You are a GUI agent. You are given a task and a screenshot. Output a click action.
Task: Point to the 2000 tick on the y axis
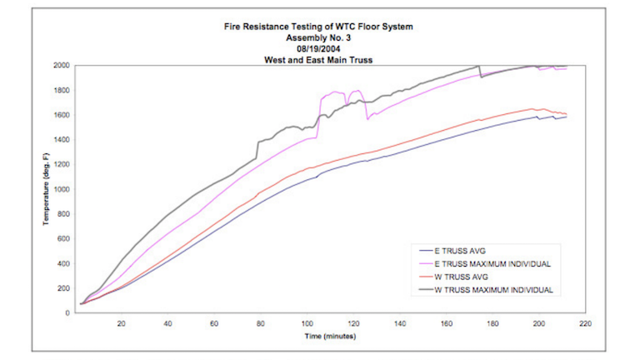(59, 65)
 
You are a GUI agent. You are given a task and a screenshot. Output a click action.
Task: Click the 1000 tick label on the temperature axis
(59, 189)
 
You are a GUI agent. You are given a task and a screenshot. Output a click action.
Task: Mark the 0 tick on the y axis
(66, 313)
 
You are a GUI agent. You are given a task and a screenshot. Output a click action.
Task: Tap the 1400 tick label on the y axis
(59, 139)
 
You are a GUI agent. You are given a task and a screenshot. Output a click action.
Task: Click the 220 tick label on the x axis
(587, 325)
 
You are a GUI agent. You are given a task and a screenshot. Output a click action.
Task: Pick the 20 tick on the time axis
(121, 325)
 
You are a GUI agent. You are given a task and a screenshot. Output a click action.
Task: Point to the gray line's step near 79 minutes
(257, 148)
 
